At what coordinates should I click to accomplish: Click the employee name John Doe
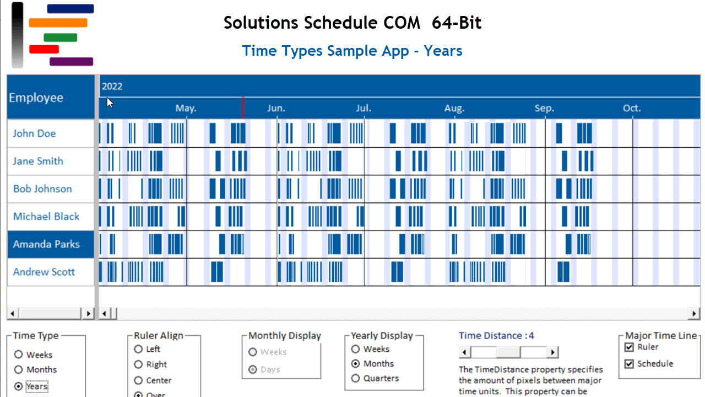click(x=34, y=133)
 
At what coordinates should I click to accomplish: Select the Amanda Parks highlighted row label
click(x=46, y=244)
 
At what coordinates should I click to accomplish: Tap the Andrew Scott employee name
click(x=44, y=272)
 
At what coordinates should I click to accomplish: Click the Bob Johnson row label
click(x=42, y=189)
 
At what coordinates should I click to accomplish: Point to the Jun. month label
click(x=276, y=108)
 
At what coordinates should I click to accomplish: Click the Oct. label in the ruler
click(x=632, y=108)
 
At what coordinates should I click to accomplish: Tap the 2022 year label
click(x=112, y=86)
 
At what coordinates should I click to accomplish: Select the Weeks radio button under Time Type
click(x=19, y=355)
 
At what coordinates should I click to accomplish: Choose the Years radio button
click(x=19, y=387)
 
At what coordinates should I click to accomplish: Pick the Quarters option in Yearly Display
click(x=355, y=378)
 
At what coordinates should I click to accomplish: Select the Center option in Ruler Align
click(x=138, y=380)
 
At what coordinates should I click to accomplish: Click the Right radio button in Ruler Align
click(x=138, y=364)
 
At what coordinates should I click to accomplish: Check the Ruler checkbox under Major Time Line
click(x=630, y=347)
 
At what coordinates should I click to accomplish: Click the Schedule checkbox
click(x=630, y=364)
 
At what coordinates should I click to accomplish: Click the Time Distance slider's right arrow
click(x=553, y=352)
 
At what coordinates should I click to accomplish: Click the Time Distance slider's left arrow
click(x=465, y=352)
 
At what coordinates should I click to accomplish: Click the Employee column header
click(x=36, y=98)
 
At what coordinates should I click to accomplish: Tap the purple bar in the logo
click(x=71, y=62)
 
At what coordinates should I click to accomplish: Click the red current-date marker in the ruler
click(x=243, y=108)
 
